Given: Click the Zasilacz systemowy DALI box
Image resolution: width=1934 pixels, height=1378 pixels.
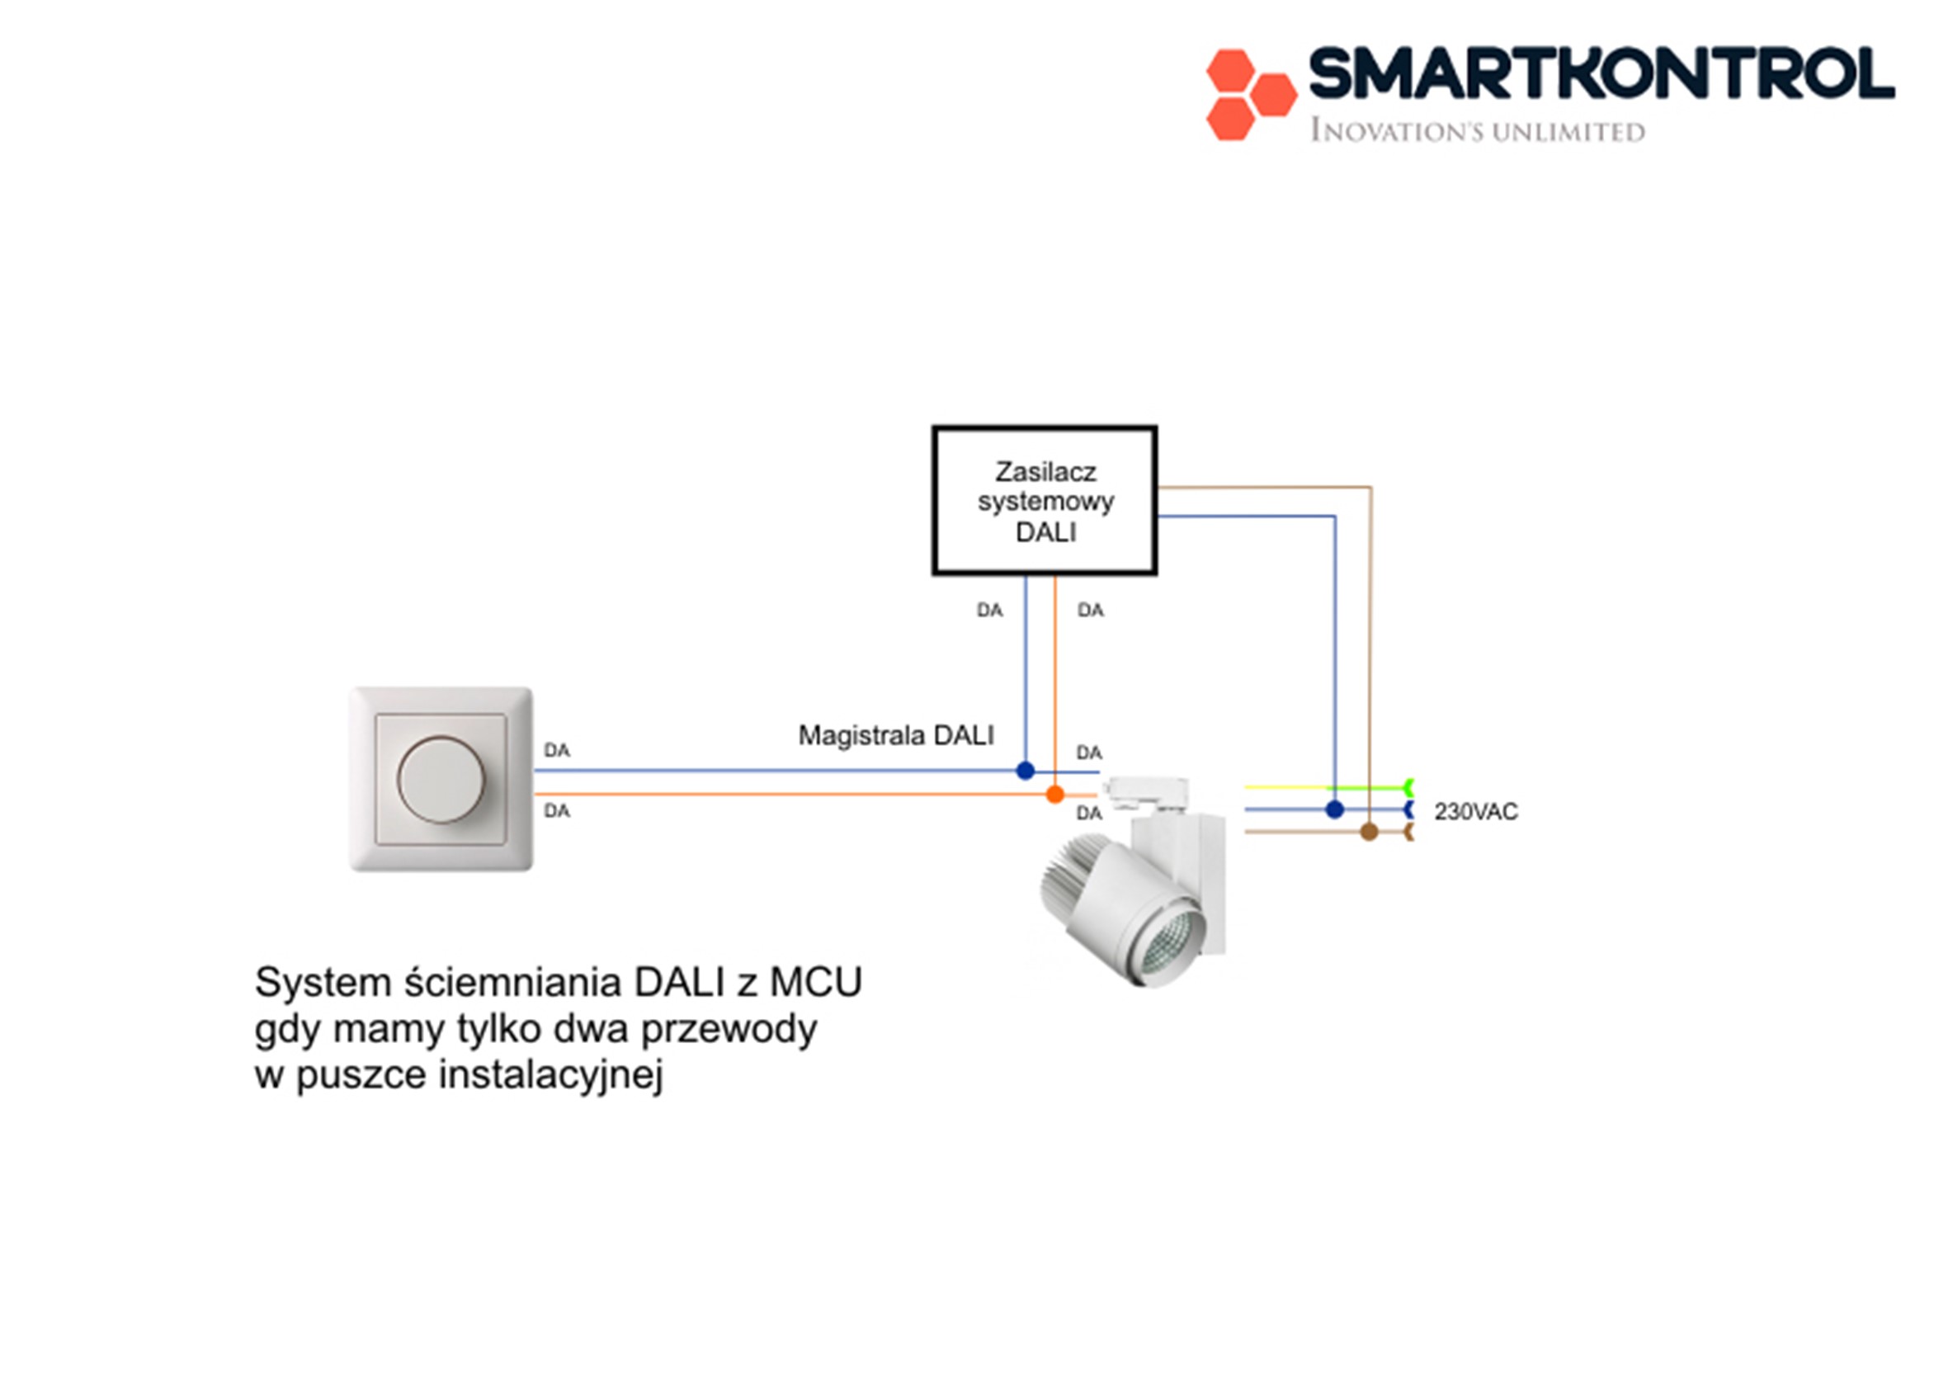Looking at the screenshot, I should [1044, 501].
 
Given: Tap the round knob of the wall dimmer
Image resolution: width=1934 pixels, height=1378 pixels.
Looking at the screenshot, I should [441, 779].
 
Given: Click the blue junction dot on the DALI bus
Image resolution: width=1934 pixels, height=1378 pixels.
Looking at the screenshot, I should [1025, 771].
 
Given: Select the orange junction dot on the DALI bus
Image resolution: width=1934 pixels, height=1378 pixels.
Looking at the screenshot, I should [1054, 795].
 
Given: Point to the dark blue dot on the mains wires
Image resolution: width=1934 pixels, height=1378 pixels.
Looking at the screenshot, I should [1334, 809].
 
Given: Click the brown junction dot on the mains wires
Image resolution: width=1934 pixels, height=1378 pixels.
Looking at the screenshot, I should [1368, 832].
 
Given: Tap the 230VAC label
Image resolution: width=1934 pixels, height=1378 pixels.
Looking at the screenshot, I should [1475, 812].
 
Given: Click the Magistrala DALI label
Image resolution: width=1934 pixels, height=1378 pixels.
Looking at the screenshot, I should [895, 735].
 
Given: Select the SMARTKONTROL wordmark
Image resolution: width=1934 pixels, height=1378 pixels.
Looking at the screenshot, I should [1601, 73].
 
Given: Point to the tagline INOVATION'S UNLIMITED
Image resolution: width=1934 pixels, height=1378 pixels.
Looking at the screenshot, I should [1477, 131].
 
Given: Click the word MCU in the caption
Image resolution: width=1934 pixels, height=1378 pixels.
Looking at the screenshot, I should [815, 983].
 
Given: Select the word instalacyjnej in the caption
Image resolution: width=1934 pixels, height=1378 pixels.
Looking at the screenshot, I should [550, 1074].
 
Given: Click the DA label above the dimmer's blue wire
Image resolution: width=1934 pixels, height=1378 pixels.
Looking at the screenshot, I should [556, 750].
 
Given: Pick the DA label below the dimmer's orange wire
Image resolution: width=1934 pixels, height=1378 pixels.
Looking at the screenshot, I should [556, 811].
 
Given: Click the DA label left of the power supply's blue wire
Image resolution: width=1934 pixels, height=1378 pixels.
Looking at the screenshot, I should [989, 610].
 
